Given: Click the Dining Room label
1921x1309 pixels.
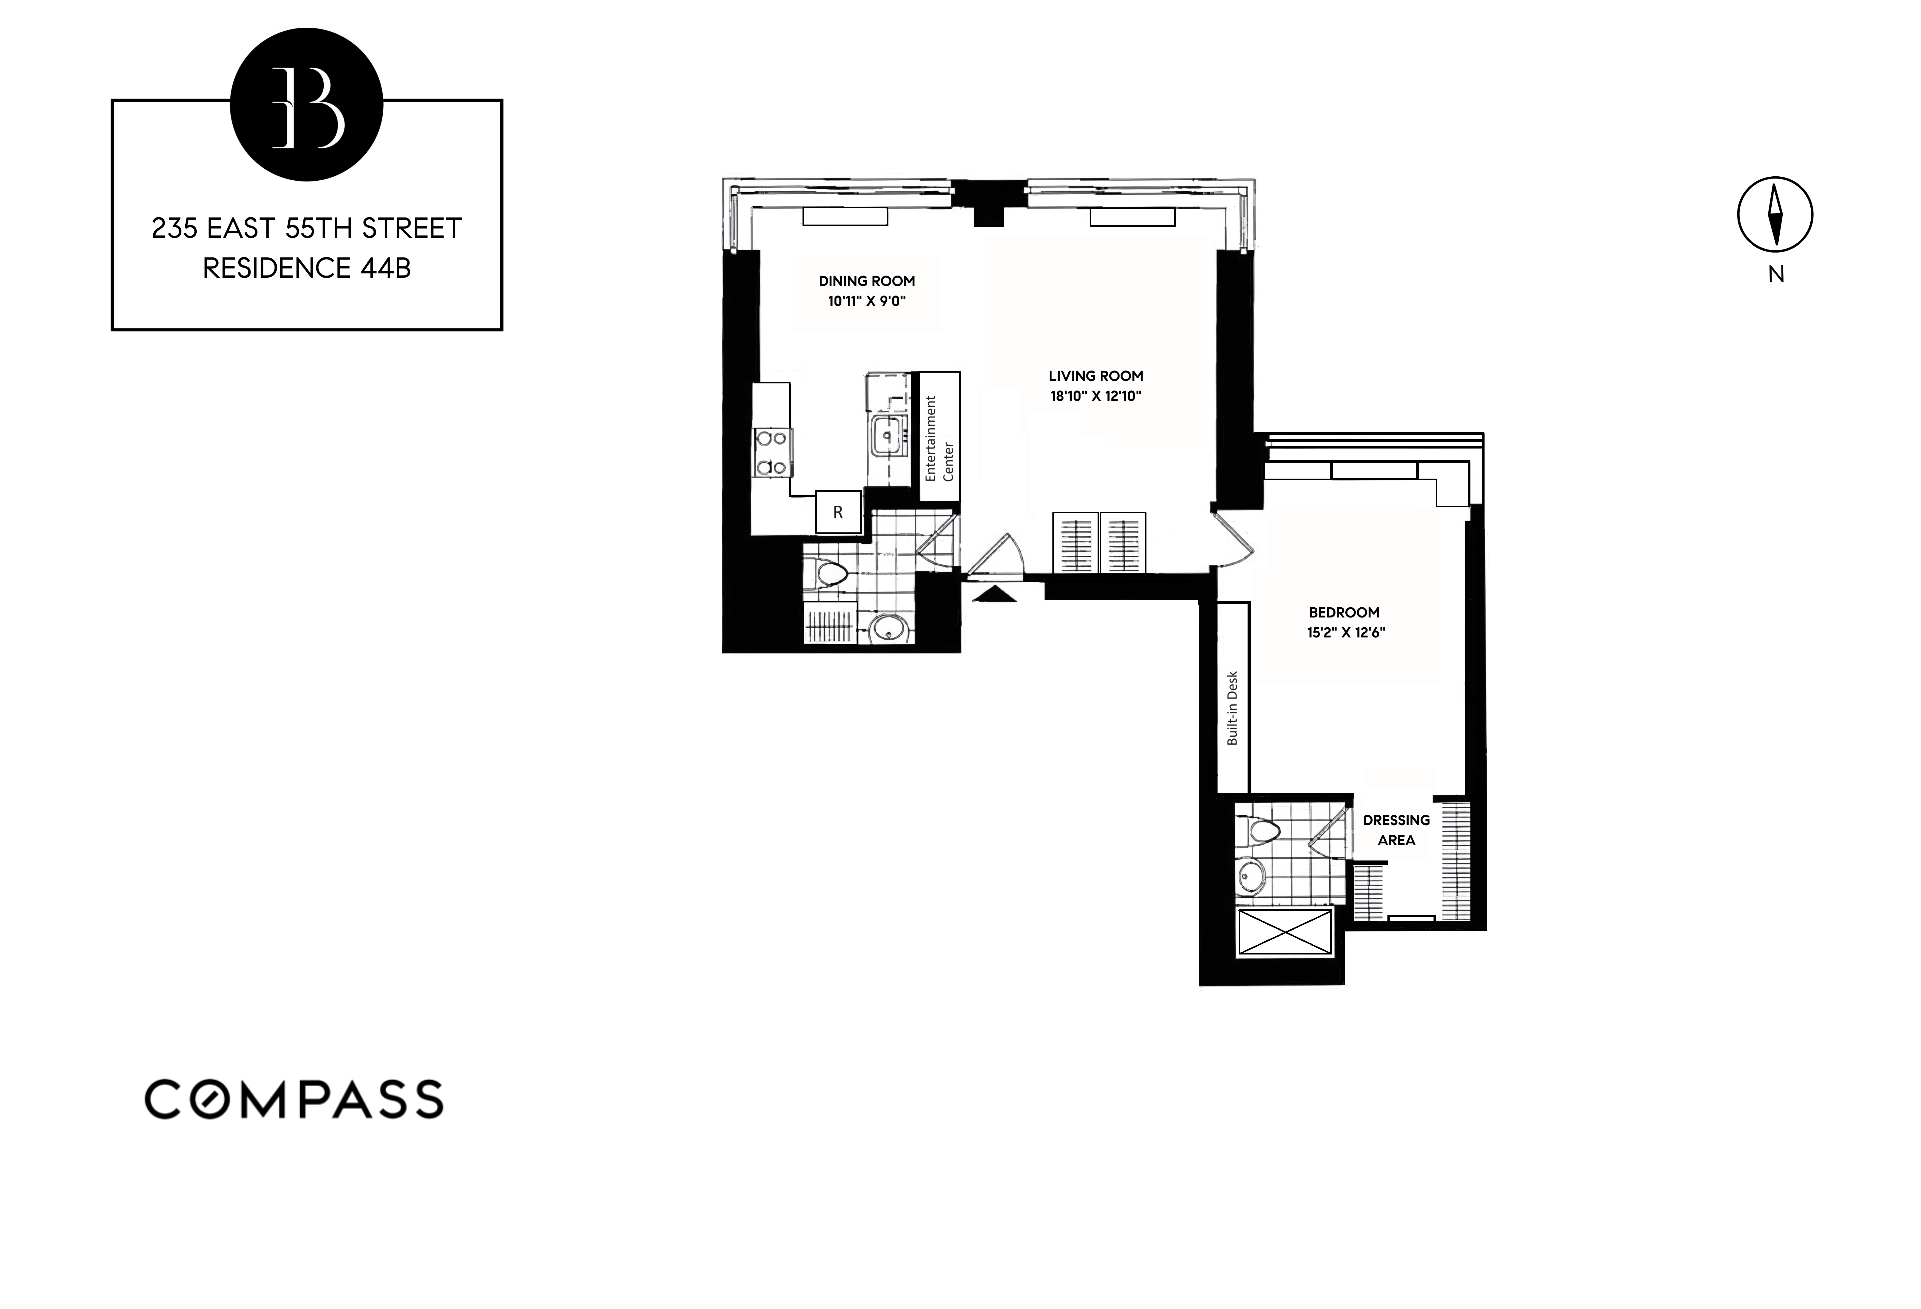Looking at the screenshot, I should point(866,281).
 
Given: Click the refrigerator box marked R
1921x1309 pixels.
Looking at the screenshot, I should point(837,512).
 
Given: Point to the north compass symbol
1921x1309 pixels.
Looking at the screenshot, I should point(1775,214).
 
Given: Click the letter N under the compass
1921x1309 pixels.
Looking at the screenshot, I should point(1776,275).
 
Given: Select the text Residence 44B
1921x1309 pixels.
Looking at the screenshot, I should point(307,268).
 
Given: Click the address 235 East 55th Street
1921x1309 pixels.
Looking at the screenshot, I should point(307,228).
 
